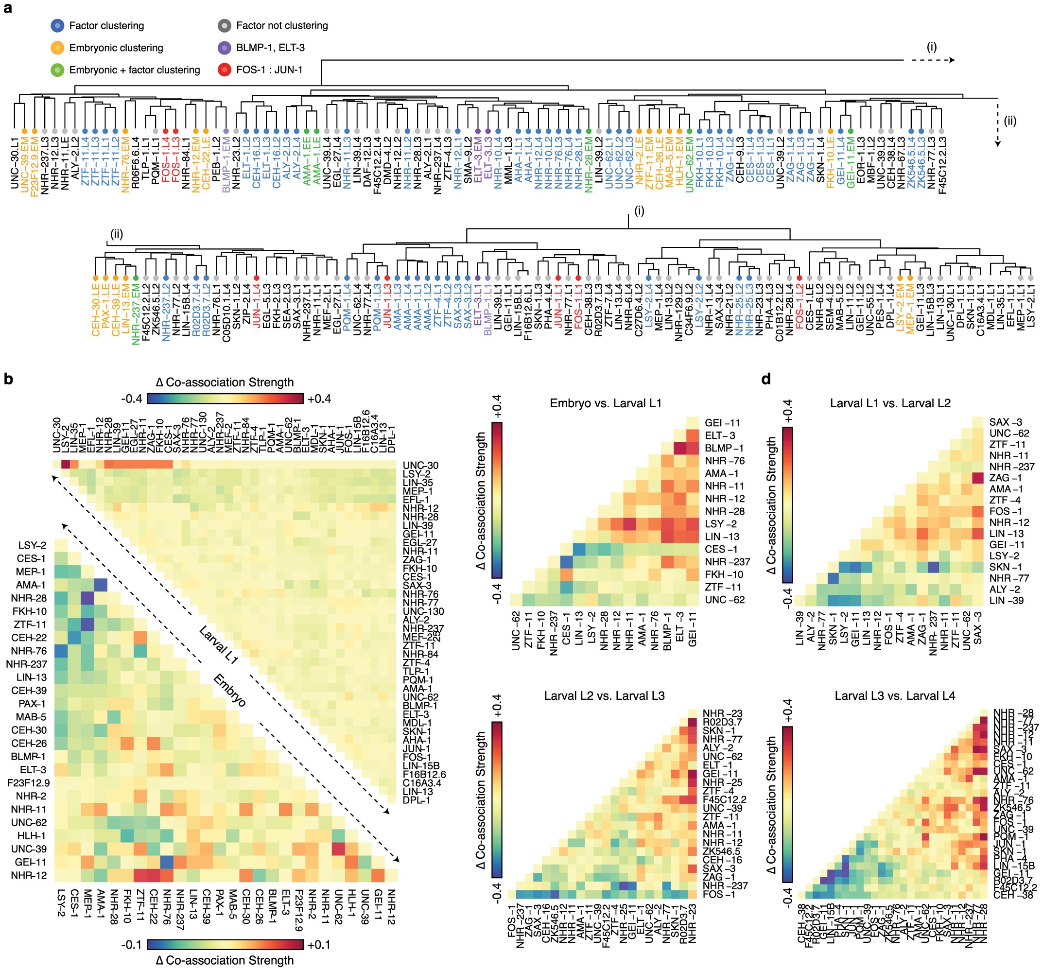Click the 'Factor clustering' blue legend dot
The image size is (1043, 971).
pos(57,26)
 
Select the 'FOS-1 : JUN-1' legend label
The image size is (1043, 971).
pos(269,70)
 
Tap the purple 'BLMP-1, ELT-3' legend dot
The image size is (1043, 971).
pos(225,48)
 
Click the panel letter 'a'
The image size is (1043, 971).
pos(7,8)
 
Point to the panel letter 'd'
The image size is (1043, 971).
pos(766,379)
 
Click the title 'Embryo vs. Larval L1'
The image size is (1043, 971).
pos(606,403)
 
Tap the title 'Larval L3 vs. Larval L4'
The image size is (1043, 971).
pos(895,696)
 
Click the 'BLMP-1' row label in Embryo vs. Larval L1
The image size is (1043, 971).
pos(724,449)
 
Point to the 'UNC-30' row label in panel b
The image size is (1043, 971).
pos(420,465)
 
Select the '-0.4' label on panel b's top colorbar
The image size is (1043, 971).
pos(132,399)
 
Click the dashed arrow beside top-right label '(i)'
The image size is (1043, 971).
pos(932,60)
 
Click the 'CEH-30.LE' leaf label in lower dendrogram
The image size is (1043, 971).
pos(95,310)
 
